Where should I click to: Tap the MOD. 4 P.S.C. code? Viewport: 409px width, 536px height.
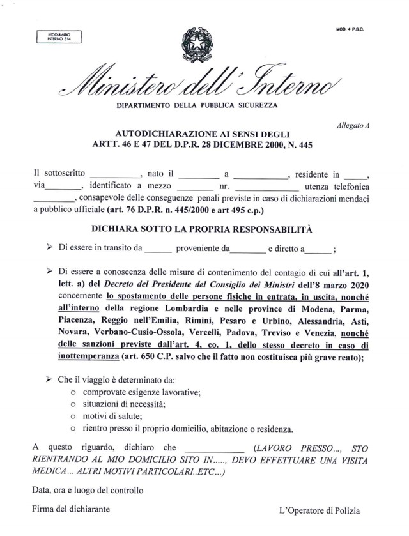tap(351, 30)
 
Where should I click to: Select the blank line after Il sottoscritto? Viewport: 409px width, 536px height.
tap(114, 174)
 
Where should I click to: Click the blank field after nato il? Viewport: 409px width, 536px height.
tap(198, 174)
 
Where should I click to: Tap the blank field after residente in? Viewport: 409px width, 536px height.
tap(355, 174)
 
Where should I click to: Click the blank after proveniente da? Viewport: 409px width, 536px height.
tap(247, 250)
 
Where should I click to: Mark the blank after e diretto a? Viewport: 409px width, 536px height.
tap(319, 250)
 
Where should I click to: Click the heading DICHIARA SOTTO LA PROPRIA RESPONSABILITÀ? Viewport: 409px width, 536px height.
tap(205, 227)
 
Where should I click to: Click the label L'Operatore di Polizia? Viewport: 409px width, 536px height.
tap(320, 510)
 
